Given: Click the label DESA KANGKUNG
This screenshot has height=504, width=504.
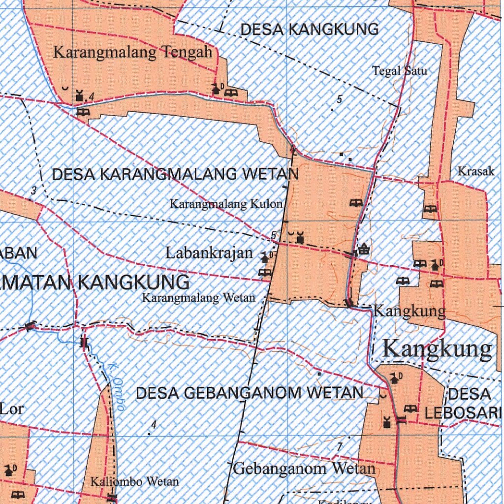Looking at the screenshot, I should coord(310,30).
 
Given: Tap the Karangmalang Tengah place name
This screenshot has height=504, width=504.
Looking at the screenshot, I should coord(133,52).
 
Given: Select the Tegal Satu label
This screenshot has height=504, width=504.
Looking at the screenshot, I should coord(400,71).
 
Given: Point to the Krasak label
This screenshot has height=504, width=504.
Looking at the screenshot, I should coord(476,171).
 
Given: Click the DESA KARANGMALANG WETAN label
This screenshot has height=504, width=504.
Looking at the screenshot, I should coord(175,174).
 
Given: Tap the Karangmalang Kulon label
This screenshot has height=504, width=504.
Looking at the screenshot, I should coord(226,204).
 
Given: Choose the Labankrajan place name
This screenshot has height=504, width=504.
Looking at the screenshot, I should coord(209,253).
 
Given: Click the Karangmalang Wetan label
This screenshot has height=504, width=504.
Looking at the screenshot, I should coord(199,297).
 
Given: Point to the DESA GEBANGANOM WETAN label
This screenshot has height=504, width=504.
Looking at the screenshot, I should coord(250,393).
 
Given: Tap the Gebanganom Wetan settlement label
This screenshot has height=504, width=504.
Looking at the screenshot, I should coord(304,468).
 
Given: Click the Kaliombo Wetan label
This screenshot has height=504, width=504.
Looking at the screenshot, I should coord(134,481).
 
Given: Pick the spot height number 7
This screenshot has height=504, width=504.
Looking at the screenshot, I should coord(339,447).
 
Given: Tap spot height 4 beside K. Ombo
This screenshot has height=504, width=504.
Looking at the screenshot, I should coord(154,424).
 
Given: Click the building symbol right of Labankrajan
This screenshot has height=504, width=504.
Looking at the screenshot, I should coord(266,257).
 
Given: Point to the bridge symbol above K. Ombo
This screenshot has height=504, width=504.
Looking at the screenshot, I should coord(84,343).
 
